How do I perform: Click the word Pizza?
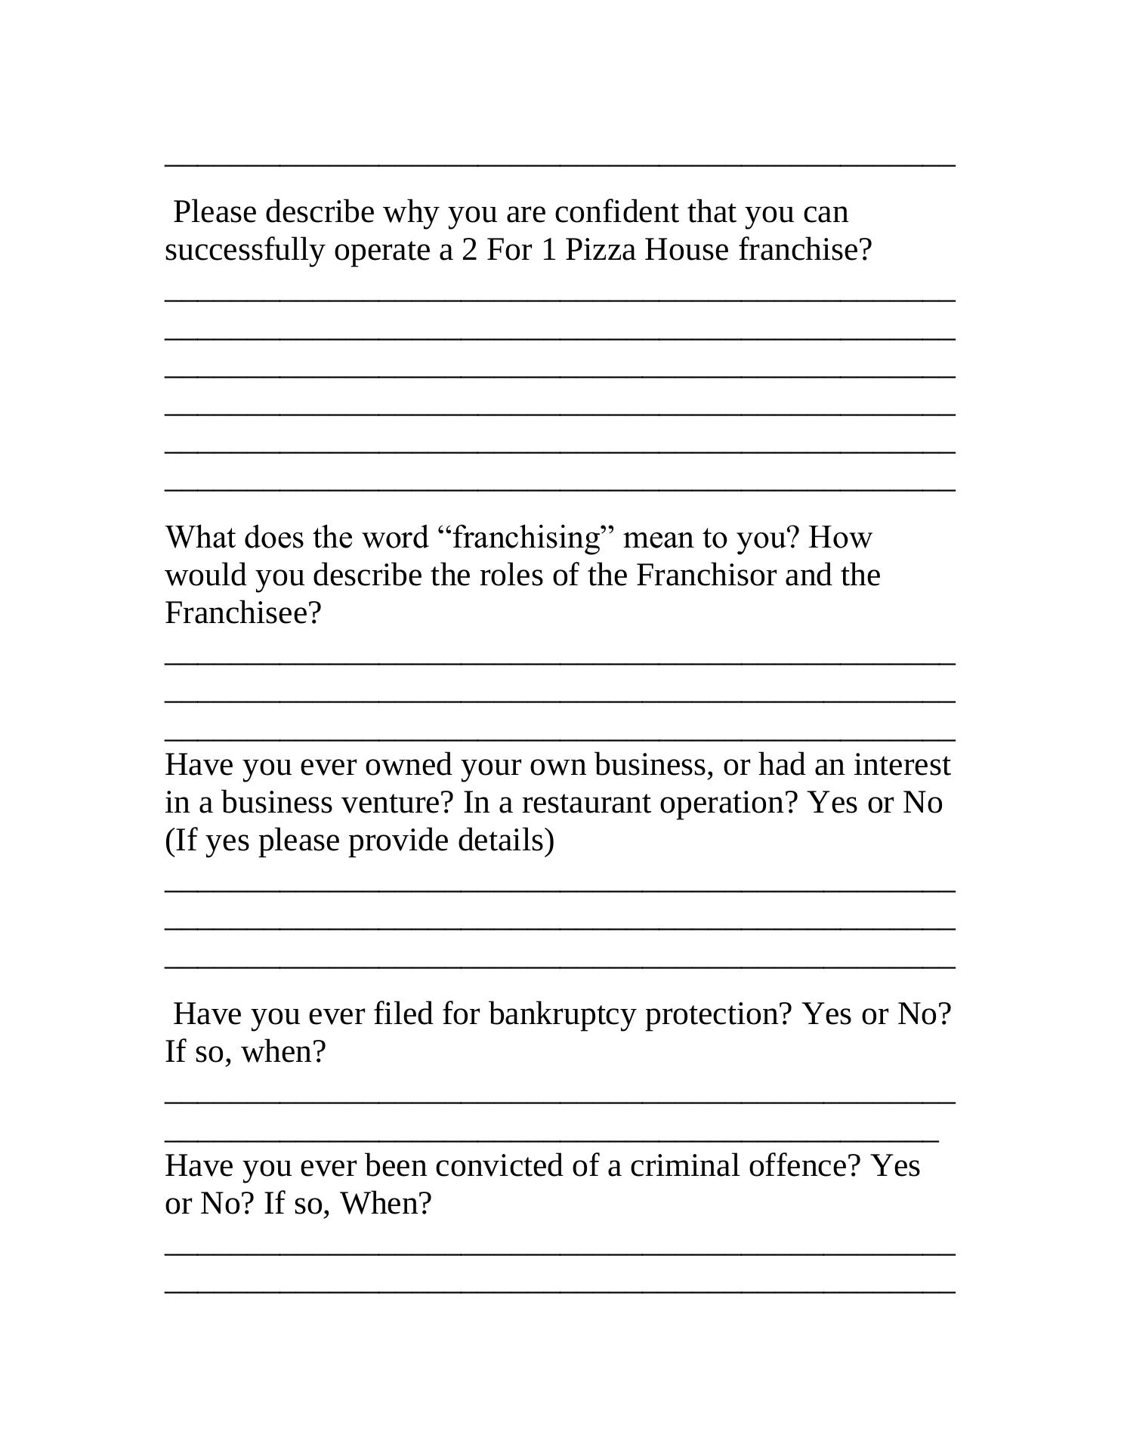pyautogui.click(x=601, y=250)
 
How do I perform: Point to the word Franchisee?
pyautogui.click(x=243, y=613)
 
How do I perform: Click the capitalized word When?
pyautogui.click(x=385, y=1203)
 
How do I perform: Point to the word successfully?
pyautogui.click(x=245, y=250)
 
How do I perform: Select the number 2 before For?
pyautogui.click(x=470, y=250)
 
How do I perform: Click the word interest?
pyautogui.click(x=902, y=764)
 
